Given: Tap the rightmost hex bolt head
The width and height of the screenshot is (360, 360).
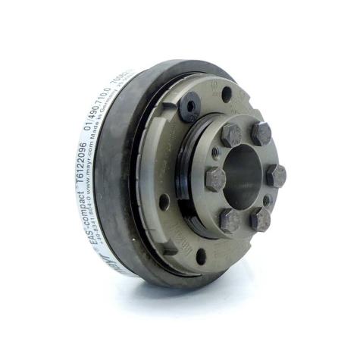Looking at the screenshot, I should [277, 176].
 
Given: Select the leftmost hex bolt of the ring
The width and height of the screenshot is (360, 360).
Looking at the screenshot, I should [216, 180].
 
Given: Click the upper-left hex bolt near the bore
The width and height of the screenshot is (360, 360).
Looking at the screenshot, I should [231, 136].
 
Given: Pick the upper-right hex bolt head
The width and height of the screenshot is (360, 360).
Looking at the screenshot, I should [261, 135].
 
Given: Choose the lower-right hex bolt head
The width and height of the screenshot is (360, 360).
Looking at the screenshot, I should [261, 219].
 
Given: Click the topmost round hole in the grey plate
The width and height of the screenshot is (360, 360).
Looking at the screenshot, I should [227, 92].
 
